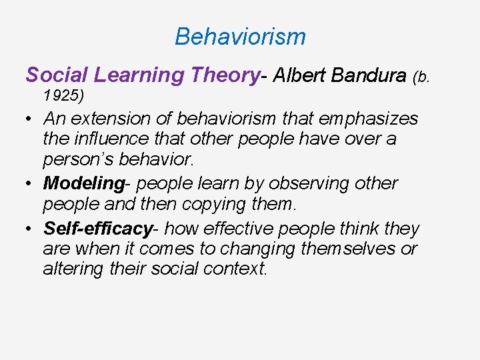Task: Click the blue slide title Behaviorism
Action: tap(240, 37)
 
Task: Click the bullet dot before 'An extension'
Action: tap(31, 120)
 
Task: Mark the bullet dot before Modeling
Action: tap(31, 184)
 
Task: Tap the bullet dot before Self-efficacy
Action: tap(31, 229)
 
